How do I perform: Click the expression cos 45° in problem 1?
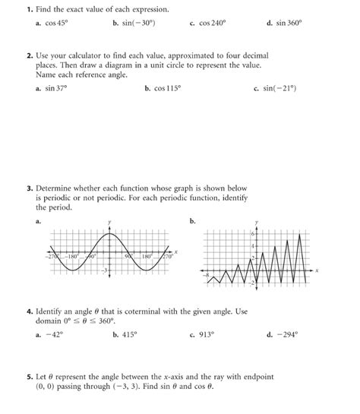tap(58, 24)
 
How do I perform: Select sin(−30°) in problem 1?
tap(137, 24)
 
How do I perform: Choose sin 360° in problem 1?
tap(291, 24)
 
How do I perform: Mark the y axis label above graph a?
tap(109, 222)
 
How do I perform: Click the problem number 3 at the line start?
tap(28, 187)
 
